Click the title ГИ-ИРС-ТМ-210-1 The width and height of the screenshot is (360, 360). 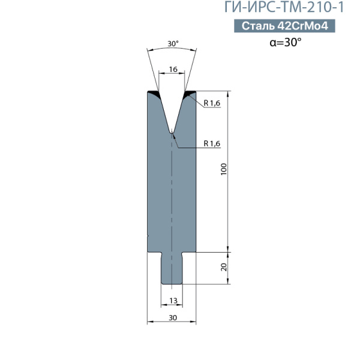coord(284,7)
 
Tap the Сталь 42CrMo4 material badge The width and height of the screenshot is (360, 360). coord(284,26)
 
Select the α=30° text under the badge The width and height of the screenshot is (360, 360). coord(286,42)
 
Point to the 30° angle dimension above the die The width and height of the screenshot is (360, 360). coord(173,43)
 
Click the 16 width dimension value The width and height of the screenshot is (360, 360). coord(173,69)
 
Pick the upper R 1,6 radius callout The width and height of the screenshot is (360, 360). coord(212,103)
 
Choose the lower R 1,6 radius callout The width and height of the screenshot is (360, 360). coord(212,144)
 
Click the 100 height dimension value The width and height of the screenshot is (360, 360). coord(223,169)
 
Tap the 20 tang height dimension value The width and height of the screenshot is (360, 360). coord(224,267)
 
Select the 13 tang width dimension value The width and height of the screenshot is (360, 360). coord(173,301)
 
